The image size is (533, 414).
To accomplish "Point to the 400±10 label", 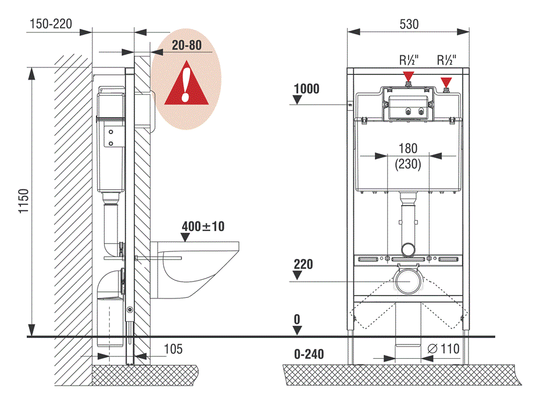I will tap(202, 226).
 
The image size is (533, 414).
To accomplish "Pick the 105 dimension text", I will tap(173, 349).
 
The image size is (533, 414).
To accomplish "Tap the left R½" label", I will tap(409, 60).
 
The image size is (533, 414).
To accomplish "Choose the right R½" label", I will tap(446, 60).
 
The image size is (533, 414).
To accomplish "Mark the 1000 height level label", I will tap(306, 89).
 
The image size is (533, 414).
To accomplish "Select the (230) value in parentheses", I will tap(408, 164).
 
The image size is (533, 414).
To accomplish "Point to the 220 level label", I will tap(303, 265).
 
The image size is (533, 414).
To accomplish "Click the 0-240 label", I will tap(309, 354).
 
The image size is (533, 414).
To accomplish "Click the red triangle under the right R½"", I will tap(446, 81).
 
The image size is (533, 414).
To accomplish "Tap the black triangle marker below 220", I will tap(298, 276).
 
